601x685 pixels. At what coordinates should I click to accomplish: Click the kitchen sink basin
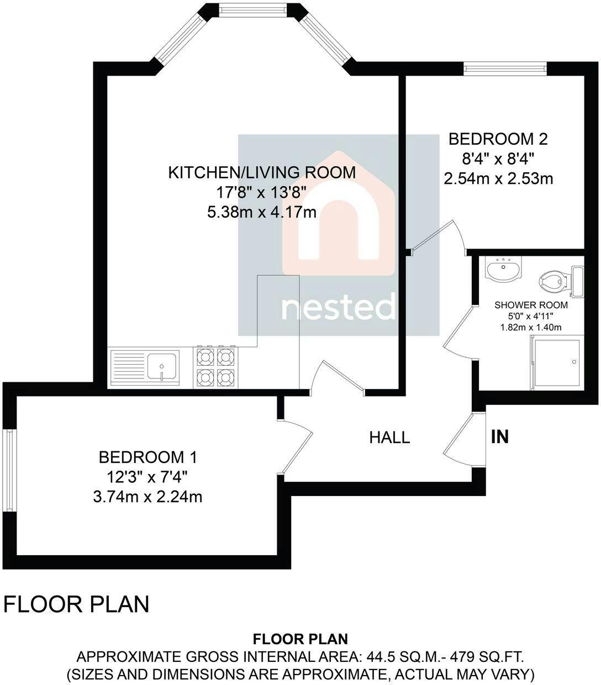pos(162,366)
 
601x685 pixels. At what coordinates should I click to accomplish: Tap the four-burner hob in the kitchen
pos(215,366)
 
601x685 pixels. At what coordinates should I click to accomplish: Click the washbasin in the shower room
pos(504,268)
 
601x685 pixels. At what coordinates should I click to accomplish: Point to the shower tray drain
pos(573,362)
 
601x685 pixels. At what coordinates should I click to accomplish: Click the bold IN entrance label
pos(499,436)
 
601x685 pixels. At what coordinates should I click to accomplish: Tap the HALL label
pos(389,438)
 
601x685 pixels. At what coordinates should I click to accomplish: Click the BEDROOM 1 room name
pos(148,457)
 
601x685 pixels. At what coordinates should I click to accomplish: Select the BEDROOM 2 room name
pos(498,139)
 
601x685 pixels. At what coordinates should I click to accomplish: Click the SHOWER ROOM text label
pos(531,305)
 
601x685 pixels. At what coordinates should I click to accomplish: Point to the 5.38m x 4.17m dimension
pos(262,212)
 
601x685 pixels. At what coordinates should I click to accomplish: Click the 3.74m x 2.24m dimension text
pos(148,497)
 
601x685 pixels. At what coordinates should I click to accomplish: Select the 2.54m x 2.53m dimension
pos(498,179)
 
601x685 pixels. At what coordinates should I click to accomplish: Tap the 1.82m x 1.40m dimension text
pos(531,327)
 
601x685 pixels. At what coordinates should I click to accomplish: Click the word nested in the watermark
pos(339,307)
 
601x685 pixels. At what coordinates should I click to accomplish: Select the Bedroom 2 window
pos(505,68)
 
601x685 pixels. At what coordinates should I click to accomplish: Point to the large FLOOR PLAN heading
pos(76,604)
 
